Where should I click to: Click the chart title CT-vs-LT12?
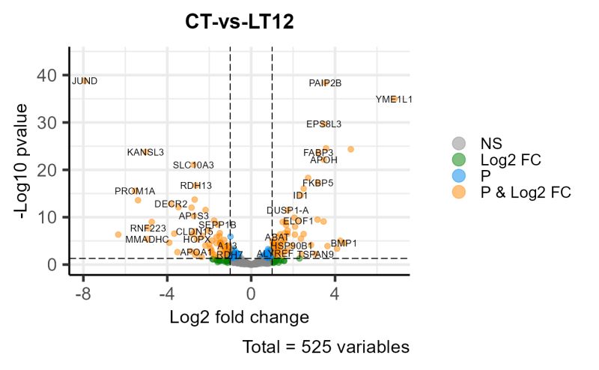click(240, 22)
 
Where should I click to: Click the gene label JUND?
click(84, 81)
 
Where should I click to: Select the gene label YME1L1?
click(394, 99)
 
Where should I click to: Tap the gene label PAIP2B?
click(325, 83)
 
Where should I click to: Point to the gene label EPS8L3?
click(323, 124)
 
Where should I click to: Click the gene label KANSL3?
click(145, 152)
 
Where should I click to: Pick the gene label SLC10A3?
click(193, 165)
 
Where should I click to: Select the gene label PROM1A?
click(135, 191)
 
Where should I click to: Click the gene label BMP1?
click(344, 243)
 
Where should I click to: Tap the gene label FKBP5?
click(317, 182)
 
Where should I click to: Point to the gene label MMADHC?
click(147, 240)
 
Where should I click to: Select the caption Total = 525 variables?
click(326, 348)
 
